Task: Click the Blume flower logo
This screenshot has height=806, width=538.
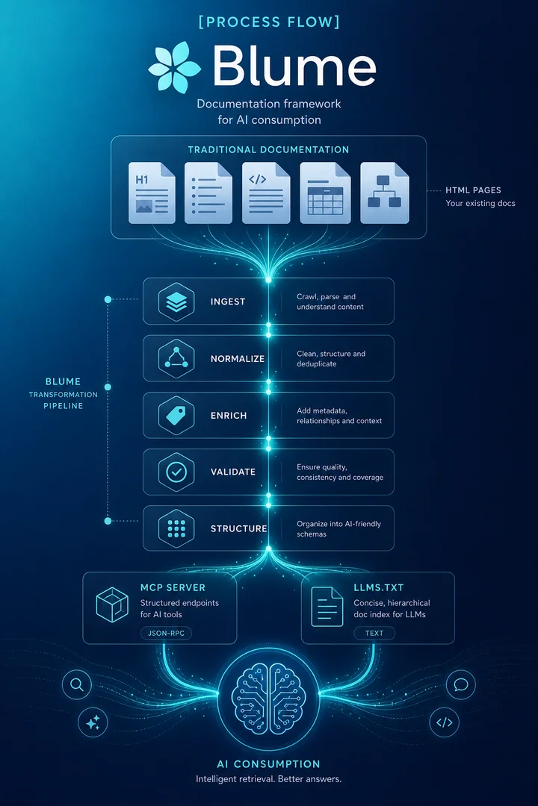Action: click(174, 67)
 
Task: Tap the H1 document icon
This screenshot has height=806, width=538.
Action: click(152, 193)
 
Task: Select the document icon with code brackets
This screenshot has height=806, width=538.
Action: click(266, 193)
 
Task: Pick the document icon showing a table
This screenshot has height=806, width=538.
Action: click(325, 193)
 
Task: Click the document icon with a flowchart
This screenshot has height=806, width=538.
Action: click(385, 193)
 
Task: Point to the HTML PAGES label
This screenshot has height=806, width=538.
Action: click(473, 190)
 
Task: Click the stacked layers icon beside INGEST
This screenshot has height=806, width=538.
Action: click(176, 302)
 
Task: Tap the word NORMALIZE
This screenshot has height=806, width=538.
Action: click(238, 359)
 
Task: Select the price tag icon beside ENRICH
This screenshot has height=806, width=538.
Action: click(176, 416)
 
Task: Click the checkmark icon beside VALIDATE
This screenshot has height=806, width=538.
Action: click(176, 472)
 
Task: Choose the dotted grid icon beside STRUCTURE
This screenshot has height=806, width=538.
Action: click(176, 528)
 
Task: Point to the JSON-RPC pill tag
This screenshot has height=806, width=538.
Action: click(167, 634)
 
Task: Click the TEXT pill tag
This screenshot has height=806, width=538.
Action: click(374, 634)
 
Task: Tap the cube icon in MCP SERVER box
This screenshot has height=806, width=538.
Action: click(112, 605)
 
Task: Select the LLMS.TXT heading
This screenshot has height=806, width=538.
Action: click(378, 587)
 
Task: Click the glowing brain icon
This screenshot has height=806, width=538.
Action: click(268, 699)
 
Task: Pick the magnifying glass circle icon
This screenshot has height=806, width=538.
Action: click(77, 684)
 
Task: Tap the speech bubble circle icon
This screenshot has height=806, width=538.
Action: click(461, 684)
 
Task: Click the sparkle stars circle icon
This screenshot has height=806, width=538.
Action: click(93, 722)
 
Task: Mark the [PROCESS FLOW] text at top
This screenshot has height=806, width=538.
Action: click(269, 22)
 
